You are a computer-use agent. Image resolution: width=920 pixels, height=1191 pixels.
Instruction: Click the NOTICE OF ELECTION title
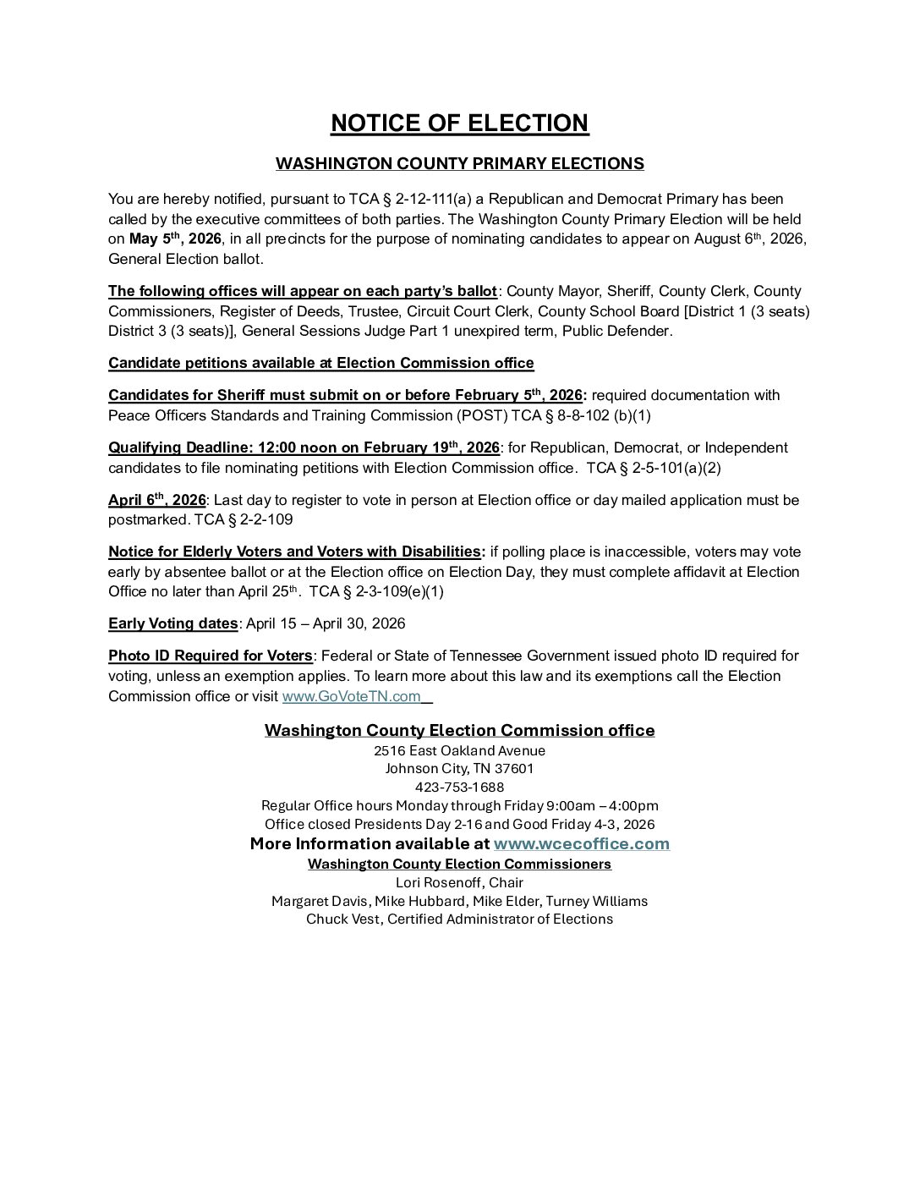459,123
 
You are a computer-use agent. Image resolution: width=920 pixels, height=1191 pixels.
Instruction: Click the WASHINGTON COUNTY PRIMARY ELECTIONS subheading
459,164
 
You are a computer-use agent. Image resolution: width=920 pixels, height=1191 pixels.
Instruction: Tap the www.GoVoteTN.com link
351,697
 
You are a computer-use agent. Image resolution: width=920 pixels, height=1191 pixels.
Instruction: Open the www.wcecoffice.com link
581,844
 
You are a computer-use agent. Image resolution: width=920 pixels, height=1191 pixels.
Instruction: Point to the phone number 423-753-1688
459,788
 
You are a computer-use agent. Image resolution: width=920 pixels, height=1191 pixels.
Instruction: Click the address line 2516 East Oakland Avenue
459,751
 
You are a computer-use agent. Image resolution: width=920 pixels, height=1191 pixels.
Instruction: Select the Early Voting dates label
172,624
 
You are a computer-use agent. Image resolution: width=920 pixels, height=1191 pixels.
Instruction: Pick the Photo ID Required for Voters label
210,656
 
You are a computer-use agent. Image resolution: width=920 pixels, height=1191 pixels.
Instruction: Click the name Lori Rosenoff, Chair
459,883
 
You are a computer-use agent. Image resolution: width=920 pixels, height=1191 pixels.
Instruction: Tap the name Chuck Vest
342,919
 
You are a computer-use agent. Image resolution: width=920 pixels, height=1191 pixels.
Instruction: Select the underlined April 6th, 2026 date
156,501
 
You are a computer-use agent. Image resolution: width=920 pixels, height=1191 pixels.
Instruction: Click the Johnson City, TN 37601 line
459,769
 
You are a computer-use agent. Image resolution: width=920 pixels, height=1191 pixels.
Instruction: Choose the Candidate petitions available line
320,364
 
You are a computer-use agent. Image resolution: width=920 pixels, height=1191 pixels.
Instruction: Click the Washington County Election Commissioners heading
459,864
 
